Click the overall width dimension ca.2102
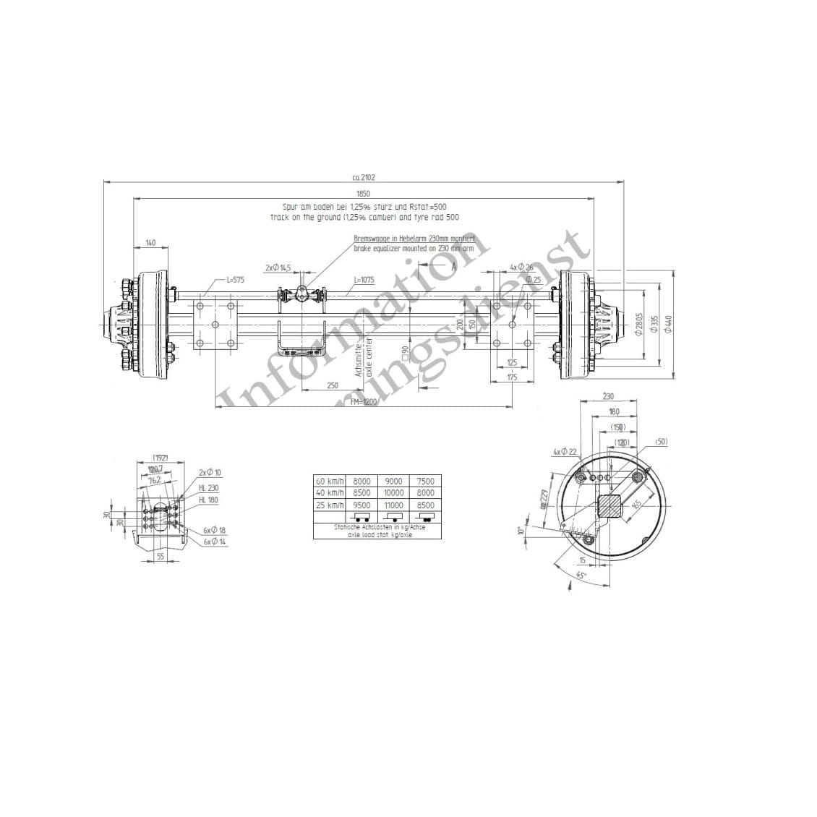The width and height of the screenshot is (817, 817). click(363, 177)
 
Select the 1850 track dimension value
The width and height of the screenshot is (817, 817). click(363, 194)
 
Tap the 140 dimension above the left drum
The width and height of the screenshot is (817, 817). click(150, 243)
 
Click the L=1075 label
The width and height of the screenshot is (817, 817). click(364, 279)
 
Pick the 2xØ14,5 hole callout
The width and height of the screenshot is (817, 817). click(278, 268)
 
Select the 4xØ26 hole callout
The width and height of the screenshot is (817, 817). click(521, 268)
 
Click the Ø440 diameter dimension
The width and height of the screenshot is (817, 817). click(668, 323)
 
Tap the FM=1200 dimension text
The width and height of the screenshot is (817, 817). click(364, 402)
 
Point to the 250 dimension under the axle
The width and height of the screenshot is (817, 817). click(332, 386)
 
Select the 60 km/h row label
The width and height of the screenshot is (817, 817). click(330, 481)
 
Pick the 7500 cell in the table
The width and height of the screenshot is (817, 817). click(426, 481)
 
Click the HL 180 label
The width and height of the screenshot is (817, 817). click(208, 500)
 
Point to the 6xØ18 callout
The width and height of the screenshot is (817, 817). click(215, 531)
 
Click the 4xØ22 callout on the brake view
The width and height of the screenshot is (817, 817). click(565, 452)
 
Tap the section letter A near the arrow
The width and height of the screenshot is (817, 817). click(453, 266)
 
